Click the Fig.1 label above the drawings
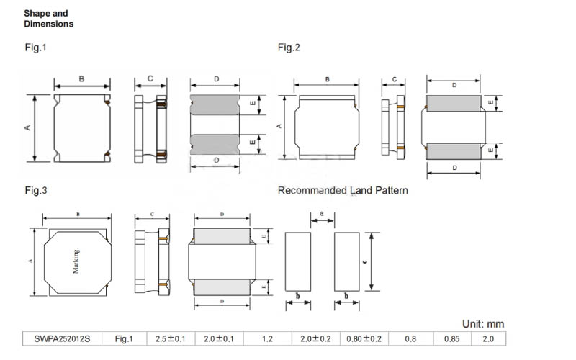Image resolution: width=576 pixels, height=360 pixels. click(35, 48)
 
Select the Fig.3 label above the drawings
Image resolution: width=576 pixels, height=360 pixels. click(35, 191)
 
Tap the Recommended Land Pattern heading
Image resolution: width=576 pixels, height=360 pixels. click(343, 191)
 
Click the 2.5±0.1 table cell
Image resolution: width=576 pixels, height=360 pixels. click(171, 338)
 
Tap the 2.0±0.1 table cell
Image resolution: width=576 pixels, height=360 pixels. click(219, 338)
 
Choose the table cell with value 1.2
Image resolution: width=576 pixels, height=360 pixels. click(267, 338)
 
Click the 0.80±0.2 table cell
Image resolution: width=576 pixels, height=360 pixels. click(363, 338)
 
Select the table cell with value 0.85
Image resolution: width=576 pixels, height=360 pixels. click(451, 338)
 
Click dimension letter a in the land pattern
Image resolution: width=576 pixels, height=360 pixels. click(322, 214)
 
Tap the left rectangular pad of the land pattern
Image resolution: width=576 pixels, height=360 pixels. click(298, 261)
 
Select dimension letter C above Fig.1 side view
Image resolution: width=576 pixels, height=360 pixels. click(150, 78)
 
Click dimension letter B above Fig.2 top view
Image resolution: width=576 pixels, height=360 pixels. click(328, 79)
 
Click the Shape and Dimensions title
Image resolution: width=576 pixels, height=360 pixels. click(48, 19)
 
